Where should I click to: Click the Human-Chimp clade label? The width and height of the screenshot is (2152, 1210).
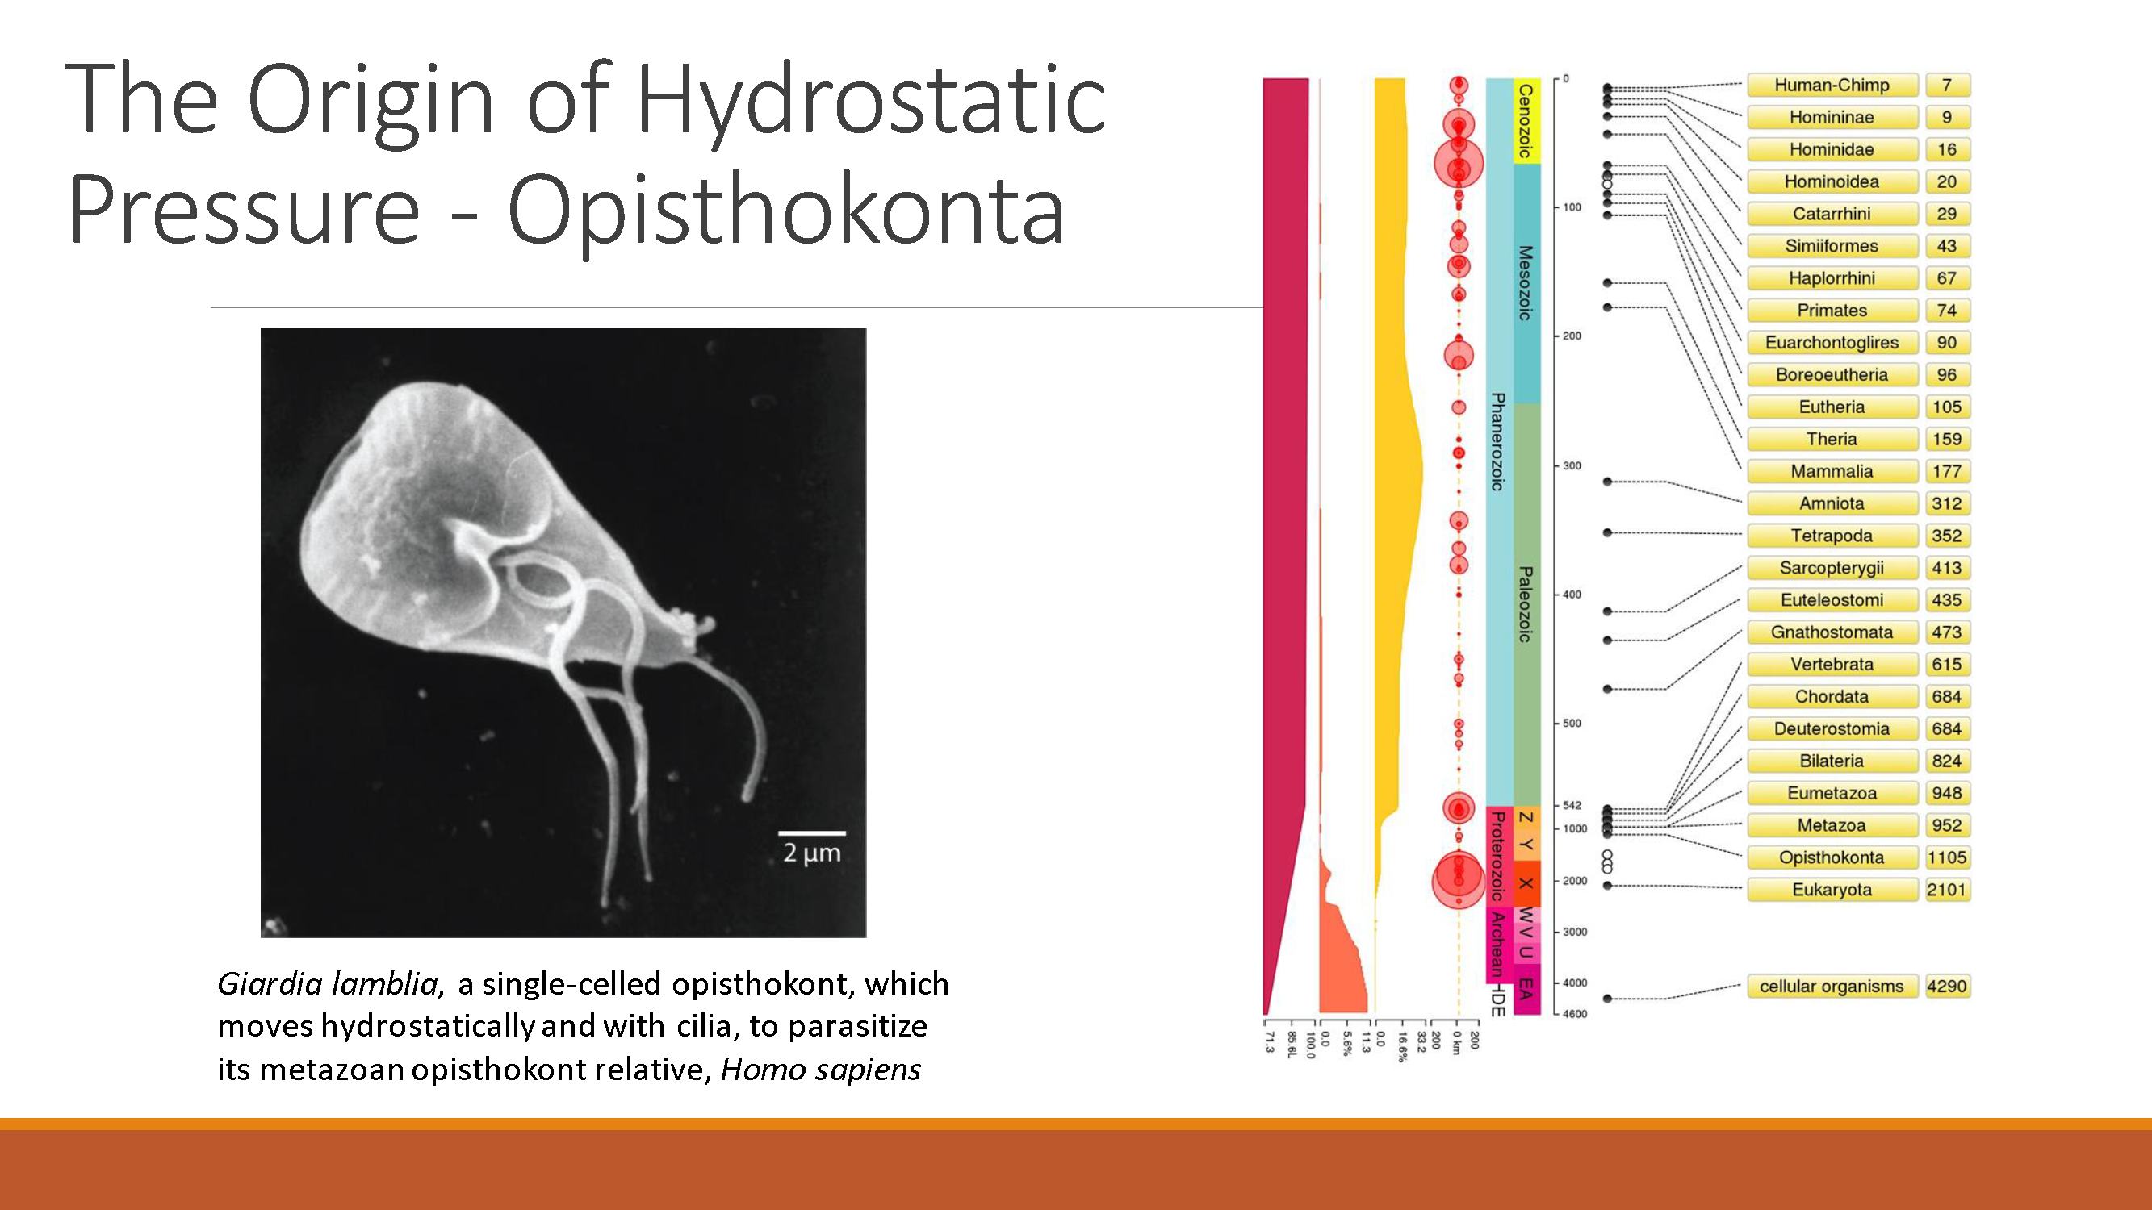[1832, 86]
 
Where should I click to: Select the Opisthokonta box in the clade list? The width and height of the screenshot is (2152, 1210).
[1832, 857]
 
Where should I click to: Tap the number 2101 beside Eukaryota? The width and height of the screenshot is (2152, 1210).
[1946, 891]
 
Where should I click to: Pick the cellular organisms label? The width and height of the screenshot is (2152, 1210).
[1832, 987]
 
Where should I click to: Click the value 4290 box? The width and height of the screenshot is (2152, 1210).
[1946, 987]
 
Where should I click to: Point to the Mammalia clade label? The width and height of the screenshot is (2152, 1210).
[1832, 471]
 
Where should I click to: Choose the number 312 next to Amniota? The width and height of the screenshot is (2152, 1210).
[1946, 503]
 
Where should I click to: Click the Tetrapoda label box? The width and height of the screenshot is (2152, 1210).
[1832, 536]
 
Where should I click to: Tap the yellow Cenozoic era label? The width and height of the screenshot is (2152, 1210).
[1526, 121]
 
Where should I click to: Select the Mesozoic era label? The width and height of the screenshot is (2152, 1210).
[1526, 283]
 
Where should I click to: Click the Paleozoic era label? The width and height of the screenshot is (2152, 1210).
[1526, 603]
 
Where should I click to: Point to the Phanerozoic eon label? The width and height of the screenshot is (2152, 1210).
[1498, 442]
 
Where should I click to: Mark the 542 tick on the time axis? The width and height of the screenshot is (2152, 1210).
[1572, 806]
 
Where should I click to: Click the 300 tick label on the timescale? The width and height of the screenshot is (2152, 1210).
[1572, 466]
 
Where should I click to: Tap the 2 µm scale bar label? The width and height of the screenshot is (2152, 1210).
[811, 853]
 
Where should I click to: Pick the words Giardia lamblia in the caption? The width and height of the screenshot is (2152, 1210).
[329, 983]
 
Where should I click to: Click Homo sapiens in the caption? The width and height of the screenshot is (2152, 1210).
[820, 1070]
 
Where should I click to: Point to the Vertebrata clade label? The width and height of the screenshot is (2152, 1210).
[1832, 665]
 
